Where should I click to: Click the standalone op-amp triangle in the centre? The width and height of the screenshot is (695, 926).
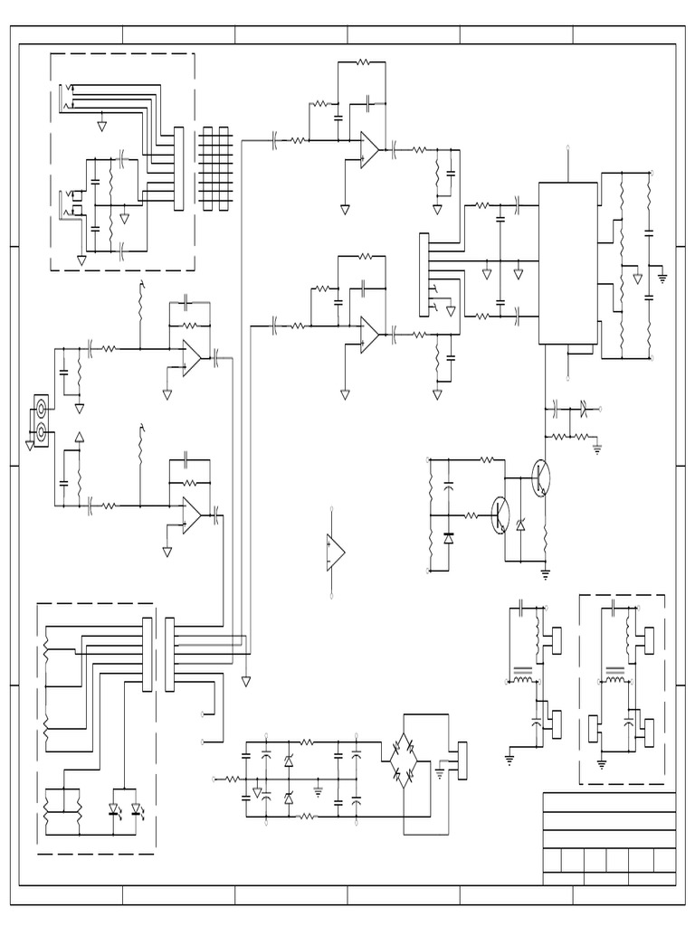336,551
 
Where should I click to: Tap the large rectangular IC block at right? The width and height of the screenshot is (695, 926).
567,263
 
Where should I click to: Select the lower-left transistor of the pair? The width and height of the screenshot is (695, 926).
500,515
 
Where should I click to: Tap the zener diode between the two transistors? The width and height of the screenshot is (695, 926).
521,525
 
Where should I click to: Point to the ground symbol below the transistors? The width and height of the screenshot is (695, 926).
546,572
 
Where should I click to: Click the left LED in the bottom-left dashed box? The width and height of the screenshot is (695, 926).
116,808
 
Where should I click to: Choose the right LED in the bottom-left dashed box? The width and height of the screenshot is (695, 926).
137,808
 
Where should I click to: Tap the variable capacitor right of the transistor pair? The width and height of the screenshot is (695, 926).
584,410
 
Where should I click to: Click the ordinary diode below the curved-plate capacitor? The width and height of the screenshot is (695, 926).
449,538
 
